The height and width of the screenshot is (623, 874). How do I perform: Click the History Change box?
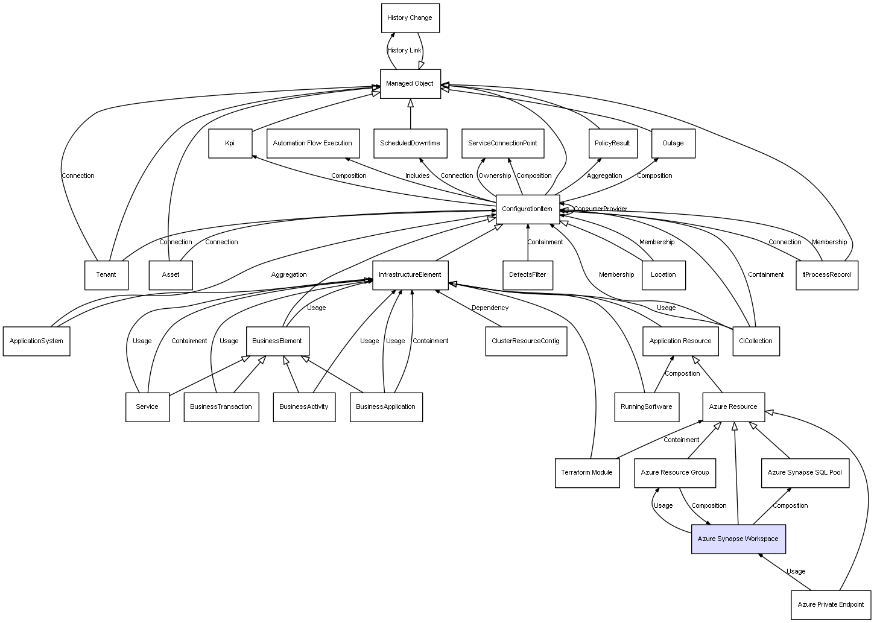410,18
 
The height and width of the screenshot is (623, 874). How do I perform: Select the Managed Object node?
410,84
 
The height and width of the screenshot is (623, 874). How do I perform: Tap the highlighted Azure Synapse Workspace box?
738,539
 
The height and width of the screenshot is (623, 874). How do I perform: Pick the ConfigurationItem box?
528,209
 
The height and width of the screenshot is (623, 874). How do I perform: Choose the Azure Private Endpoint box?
831,605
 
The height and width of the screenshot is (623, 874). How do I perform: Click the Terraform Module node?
587,473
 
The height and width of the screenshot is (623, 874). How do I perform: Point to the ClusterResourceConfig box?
526,341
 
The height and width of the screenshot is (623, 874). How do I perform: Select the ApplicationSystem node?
36,341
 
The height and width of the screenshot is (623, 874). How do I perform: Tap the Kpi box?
230,143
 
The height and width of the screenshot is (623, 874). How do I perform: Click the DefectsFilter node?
528,275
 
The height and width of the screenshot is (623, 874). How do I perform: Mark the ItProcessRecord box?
827,275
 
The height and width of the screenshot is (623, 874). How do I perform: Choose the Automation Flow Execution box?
313,143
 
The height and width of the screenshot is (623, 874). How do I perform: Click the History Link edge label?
404,50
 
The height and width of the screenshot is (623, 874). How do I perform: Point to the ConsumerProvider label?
601,209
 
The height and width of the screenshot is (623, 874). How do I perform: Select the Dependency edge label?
490,308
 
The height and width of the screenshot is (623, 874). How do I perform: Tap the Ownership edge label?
495,176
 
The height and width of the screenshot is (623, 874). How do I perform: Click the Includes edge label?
417,176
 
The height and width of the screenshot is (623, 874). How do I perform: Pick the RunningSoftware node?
647,407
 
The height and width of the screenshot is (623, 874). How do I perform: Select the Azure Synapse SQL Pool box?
805,473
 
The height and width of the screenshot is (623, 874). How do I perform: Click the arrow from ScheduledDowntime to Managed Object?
411,114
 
